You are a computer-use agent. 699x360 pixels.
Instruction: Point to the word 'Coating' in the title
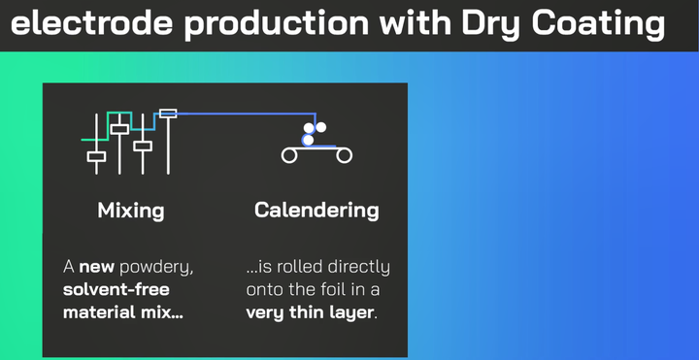599,22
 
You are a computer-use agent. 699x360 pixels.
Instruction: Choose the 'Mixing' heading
131,210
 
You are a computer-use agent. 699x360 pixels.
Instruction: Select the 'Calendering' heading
316,210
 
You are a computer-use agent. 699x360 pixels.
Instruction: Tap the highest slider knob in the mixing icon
168,114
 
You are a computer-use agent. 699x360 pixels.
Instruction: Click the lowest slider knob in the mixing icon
96,156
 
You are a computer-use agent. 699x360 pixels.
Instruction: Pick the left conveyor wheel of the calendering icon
288,155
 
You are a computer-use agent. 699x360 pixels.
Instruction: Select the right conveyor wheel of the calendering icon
345,155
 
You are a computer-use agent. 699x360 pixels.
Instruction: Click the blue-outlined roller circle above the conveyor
308,141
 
